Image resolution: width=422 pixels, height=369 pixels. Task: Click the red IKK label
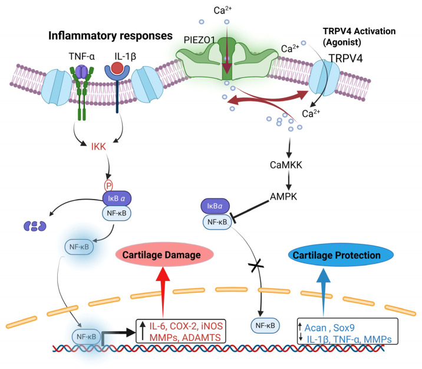(98, 146)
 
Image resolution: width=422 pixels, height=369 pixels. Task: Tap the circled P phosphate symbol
(108, 186)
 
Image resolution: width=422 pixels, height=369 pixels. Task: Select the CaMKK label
(286, 165)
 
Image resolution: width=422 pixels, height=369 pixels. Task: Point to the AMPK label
(283, 197)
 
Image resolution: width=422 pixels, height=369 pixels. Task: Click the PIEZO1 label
(199, 40)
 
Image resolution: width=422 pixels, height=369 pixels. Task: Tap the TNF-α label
(81, 56)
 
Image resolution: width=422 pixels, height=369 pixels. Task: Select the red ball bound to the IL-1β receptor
(117, 68)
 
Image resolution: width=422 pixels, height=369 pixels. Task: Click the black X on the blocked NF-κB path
(256, 266)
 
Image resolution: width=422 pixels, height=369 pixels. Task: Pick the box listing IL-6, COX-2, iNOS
(181, 331)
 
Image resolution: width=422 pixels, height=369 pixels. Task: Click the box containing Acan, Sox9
(348, 331)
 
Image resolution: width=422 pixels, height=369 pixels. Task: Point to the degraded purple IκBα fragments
(35, 226)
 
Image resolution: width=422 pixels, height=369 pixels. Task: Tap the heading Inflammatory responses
(110, 35)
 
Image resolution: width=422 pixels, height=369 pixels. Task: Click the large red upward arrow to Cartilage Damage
(163, 292)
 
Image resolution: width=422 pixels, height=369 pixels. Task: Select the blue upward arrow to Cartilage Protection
(323, 292)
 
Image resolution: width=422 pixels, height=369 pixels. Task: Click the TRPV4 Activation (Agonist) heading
(360, 37)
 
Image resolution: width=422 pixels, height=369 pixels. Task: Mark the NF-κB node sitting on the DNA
(86, 337)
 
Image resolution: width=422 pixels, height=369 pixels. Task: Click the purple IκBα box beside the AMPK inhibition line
(215, 206)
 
